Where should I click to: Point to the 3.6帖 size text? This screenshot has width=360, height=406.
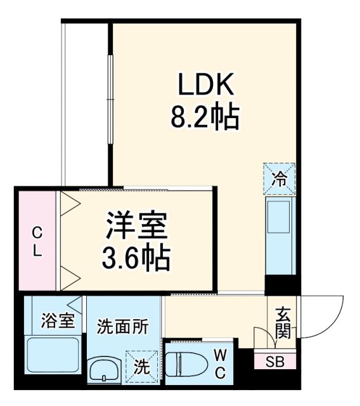click(x=136, y=256)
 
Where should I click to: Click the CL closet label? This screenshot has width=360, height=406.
click(x=37, y=240)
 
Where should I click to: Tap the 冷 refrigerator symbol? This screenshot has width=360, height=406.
click(x=279, y=178)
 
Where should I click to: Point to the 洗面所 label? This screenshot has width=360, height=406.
click(x=122, y=327)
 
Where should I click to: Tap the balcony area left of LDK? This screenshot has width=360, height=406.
click(x=86, y=101)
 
